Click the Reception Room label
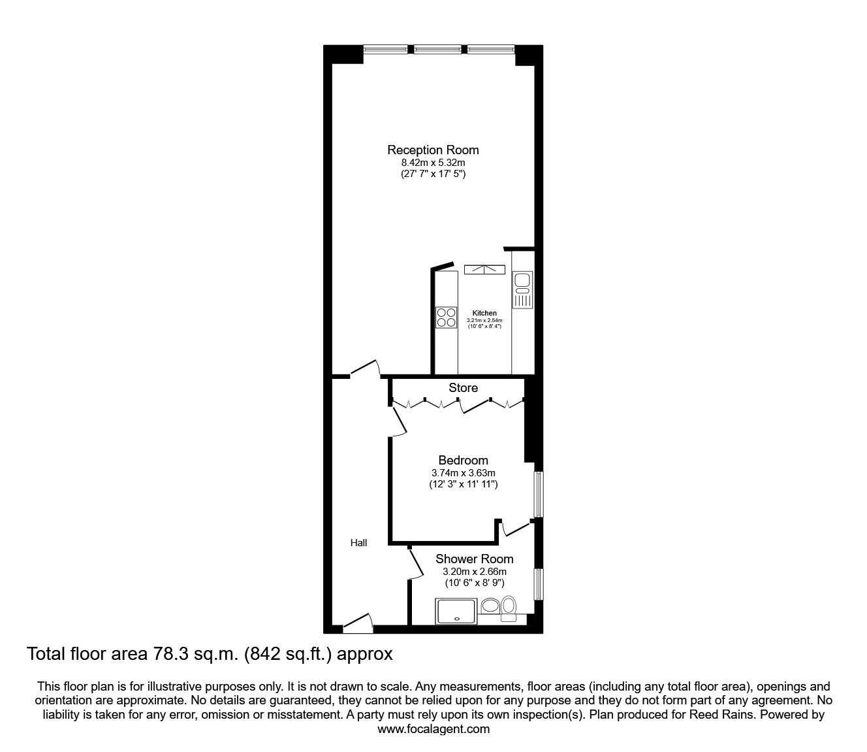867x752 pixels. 433,150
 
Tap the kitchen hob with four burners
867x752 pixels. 447,318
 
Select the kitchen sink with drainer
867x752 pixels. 522,290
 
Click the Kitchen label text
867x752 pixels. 484,313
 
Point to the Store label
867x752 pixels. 463,387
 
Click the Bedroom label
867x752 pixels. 463,460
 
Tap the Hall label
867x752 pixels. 358,543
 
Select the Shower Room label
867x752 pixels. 475,559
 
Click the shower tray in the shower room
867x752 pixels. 456,612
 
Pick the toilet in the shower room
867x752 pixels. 509,608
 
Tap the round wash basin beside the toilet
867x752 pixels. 490,606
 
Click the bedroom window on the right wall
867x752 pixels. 539,494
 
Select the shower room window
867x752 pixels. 539,584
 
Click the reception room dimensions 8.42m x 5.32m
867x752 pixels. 433,163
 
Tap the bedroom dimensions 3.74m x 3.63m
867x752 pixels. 463,473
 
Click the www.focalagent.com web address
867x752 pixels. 433,729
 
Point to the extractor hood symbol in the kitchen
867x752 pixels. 484,270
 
